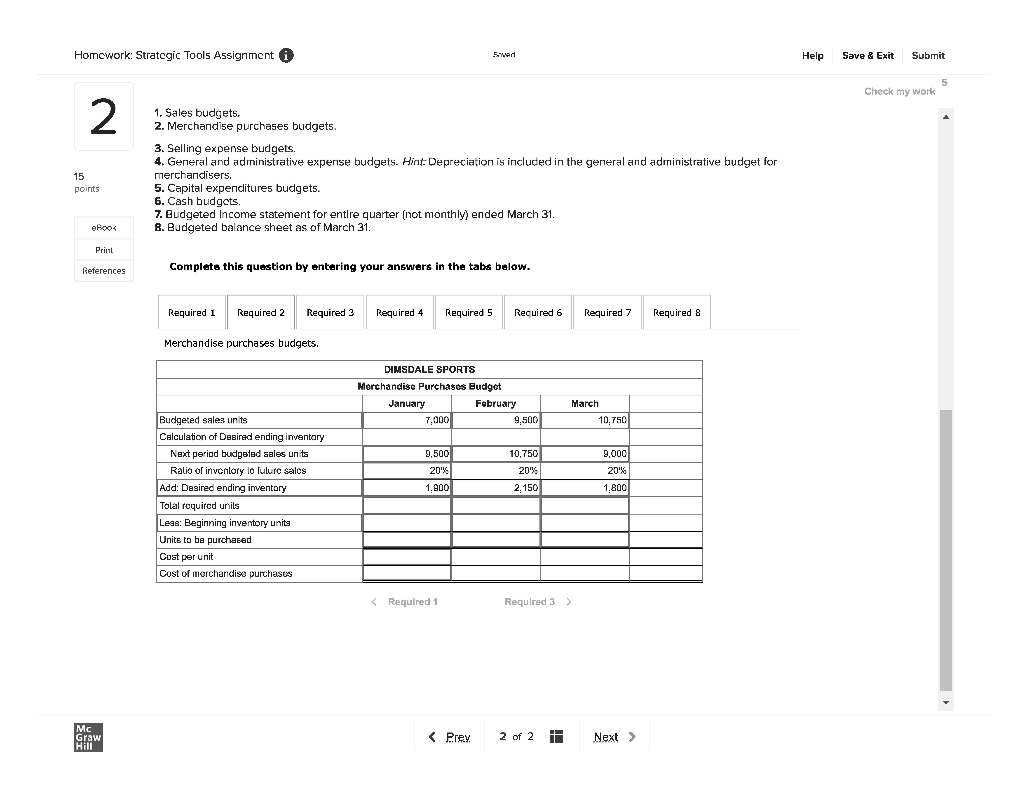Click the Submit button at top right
(x=928, y=56)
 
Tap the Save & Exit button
(x=868, y=56)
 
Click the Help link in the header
(x=813, y=56)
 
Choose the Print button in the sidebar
(x=104, y=250)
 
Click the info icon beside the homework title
(x=286, y=56)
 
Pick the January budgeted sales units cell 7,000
(x=407, y=420)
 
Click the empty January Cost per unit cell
(x=407, y=557)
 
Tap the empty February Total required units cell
(x=496, y=506)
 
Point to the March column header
(x=584, y=403)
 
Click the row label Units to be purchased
(x=206, y=540)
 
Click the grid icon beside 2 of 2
(x=556, y=737)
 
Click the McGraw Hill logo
(x=88, y=737)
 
